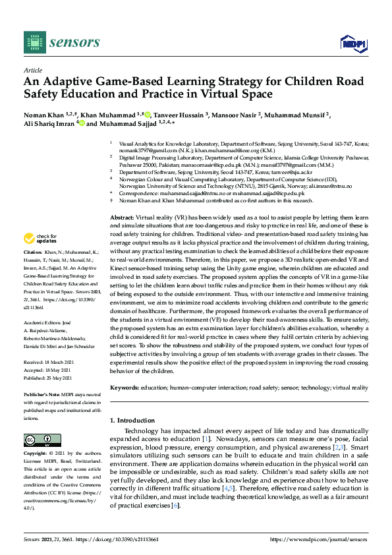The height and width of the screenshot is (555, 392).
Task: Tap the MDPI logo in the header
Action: [352, 44]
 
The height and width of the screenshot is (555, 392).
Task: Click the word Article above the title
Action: [32, 69]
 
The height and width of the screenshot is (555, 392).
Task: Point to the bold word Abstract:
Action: [123, 162]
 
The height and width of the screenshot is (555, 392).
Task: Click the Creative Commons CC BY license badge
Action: [38, 439]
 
